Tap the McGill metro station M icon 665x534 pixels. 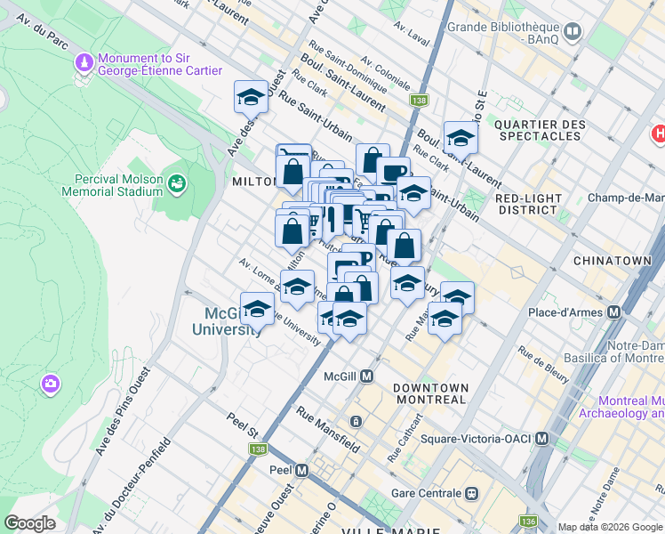(x=366, y=376)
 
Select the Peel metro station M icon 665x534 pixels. (x=301, y=469)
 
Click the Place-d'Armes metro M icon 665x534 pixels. (x=613, y=312)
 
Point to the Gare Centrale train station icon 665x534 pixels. (x=472, y=493)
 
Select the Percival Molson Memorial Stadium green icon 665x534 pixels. (x=176, y=183)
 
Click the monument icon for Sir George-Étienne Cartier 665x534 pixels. (x=84, y=64)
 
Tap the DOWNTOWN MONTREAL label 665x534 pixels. (x=430, y=393)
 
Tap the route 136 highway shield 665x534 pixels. (x=529, y=521)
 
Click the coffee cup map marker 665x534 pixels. (x=392, y=171)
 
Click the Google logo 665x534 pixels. (x=29, y=523)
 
